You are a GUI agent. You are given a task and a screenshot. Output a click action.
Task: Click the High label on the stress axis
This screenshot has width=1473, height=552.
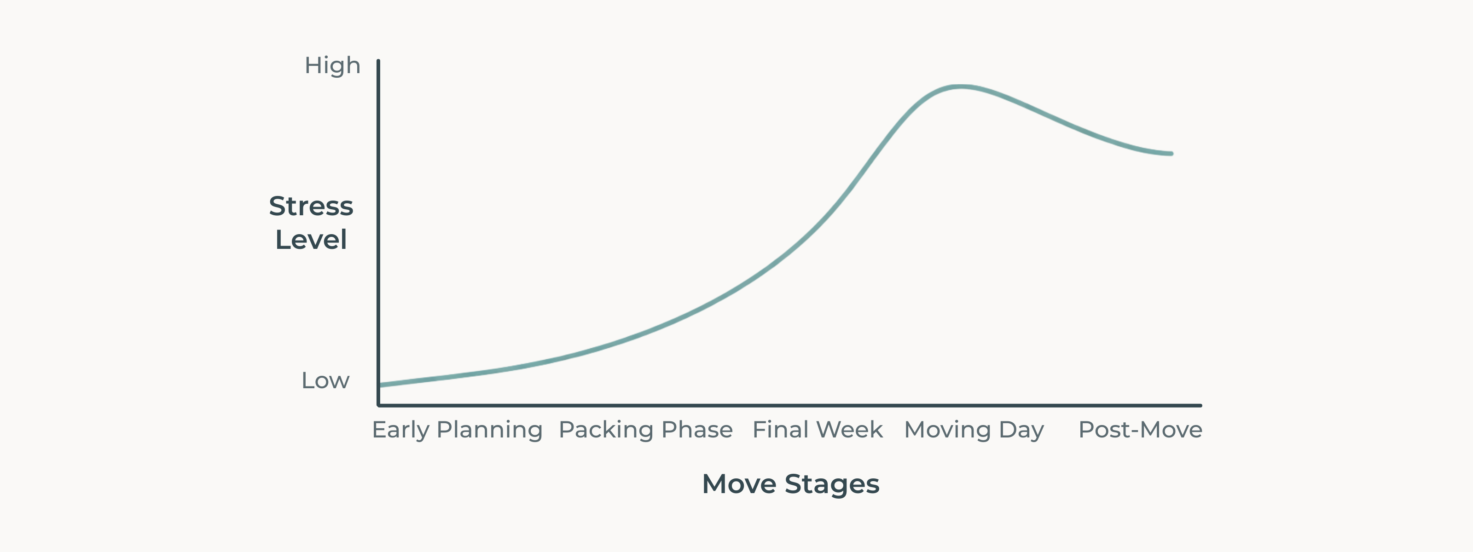coord(332,66)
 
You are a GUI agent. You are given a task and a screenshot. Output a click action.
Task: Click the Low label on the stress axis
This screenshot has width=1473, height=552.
coord(325,380)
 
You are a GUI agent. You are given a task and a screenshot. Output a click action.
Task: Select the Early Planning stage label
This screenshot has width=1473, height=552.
coord(457,430)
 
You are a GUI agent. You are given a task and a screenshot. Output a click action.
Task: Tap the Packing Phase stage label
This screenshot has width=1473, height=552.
coord(645,430)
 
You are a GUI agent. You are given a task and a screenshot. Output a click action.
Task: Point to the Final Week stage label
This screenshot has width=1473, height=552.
coord(818,430)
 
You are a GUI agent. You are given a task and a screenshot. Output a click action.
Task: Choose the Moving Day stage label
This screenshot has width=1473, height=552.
coord(974,430)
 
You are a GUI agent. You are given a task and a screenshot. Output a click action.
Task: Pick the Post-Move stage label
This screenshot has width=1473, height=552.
coord(1140,430)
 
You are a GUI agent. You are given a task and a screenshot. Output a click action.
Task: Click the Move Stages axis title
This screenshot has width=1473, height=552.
coord(790,484)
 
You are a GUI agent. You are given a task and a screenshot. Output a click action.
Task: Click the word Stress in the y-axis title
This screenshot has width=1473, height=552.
coord(311,206)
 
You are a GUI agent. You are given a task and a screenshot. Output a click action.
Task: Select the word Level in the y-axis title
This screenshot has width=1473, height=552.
coord(311,239)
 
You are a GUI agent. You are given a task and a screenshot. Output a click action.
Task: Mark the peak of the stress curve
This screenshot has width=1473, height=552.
coord(961,87)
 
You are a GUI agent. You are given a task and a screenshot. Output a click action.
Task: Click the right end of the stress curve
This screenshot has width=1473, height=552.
coord(1171,154)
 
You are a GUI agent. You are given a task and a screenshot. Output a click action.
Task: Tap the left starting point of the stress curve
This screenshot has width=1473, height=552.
coord(380,385)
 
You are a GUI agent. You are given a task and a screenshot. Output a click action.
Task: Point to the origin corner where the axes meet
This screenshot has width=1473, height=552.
coord(378,405)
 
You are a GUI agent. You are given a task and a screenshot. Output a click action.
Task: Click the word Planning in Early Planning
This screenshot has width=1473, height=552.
coord(489,430)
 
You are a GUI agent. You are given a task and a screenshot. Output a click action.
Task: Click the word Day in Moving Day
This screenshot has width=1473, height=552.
coord(1021,430)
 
